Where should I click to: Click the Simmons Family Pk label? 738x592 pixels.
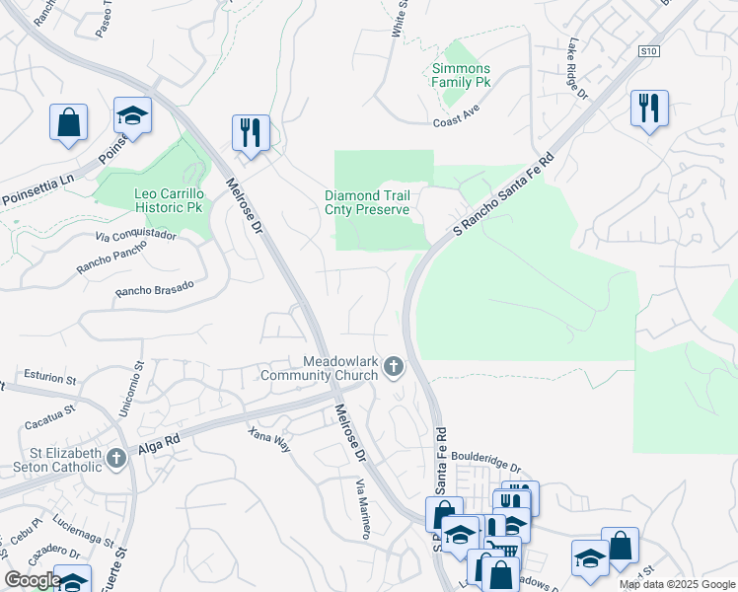tap(461, 75)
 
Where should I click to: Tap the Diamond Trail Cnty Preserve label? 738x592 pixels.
tap(367, 202)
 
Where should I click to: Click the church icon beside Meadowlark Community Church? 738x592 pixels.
tap(394, 368)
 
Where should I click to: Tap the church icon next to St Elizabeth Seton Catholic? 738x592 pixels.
tap(116, 458)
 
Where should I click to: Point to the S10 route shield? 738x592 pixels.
tap(647, 50)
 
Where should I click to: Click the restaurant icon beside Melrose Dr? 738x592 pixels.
tap(251, 132)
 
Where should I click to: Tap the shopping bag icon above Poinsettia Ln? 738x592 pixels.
tap(69, 122)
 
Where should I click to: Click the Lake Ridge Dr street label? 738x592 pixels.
tap(577, 70)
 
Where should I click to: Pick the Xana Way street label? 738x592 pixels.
tap(268, 439)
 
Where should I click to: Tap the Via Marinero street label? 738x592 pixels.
tap(364, 508)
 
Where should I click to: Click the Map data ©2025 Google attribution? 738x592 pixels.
tap(676, 584)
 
